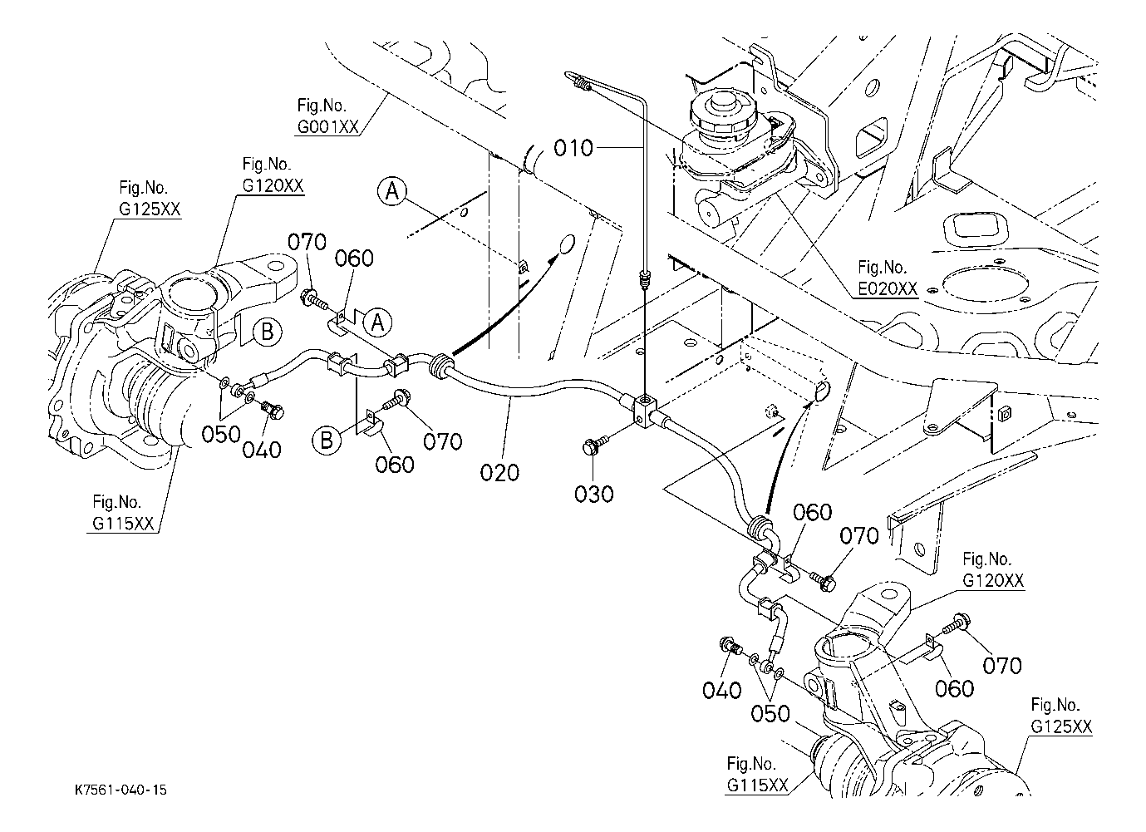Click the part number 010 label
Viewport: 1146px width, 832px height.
coord(573,149)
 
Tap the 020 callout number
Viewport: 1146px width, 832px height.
coord(499,472)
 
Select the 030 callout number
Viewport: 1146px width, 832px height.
coord(594,493)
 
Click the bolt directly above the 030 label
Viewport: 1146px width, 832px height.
coord(593,446)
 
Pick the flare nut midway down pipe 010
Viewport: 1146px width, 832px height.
coord(645,278)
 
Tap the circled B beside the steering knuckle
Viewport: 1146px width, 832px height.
coord(267,332)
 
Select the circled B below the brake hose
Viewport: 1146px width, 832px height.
coord(327,438)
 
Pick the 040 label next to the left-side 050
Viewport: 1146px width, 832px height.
coord(262,449)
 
